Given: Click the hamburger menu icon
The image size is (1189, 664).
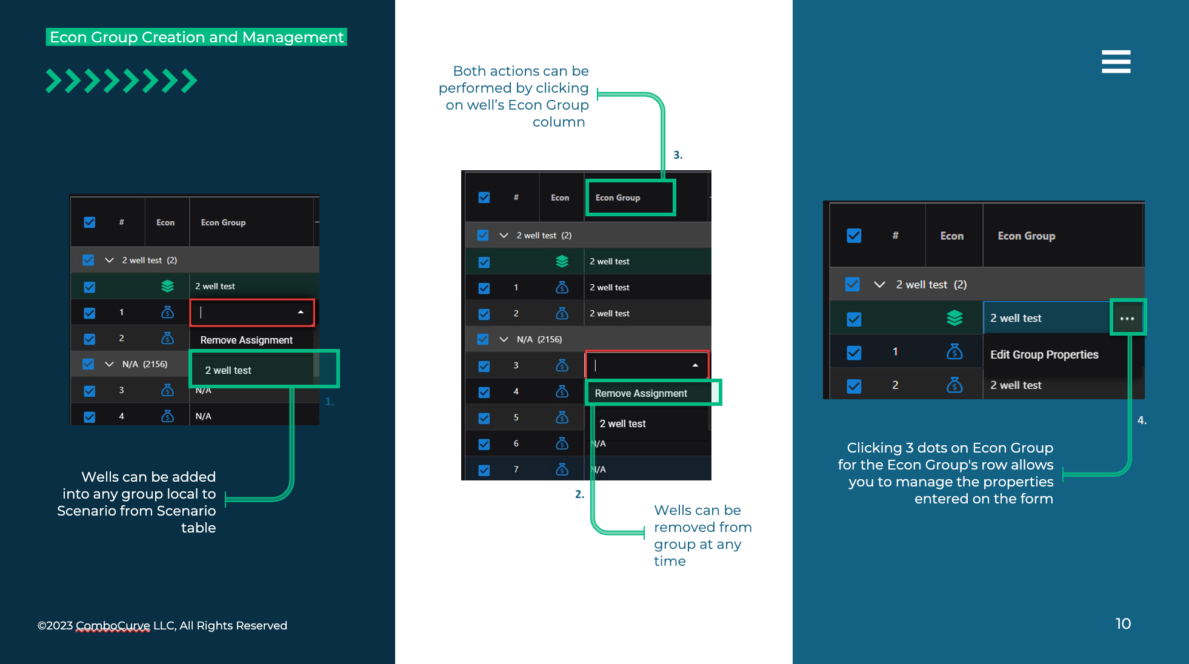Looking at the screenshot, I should [1116, 62].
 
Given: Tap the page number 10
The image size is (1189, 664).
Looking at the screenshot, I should [1123, 623].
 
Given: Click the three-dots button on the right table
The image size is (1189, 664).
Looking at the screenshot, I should [1127, 318].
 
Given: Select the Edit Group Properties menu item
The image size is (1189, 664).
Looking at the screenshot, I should [1044, 354].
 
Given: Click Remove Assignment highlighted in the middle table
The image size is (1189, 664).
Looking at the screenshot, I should [641, 393].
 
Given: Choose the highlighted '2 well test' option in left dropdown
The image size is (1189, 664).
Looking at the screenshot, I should [228, 370].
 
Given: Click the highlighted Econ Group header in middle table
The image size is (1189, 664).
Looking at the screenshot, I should [618, 198].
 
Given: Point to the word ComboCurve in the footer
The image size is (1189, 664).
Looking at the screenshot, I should [113, 625].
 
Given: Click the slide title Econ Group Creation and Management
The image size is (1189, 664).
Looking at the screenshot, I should [196, 37].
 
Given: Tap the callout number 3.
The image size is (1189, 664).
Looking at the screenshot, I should [678, 155].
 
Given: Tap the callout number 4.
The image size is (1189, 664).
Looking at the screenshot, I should [1142, 420].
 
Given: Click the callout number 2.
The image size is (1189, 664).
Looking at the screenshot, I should [579, 494].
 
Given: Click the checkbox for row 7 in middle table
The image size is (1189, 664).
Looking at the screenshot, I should [484, 470].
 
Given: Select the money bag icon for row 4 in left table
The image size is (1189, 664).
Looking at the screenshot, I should [167, 416].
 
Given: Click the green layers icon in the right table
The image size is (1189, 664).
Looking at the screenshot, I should [954, 318].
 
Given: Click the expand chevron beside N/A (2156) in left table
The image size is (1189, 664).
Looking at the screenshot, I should [109, 364].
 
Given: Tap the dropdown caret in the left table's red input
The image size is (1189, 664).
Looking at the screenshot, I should [301, 312].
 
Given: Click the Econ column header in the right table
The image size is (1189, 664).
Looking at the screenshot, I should [951, 236].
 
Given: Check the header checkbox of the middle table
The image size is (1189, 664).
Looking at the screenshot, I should [484, 198].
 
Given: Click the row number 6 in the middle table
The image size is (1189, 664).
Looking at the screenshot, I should [516, 443].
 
